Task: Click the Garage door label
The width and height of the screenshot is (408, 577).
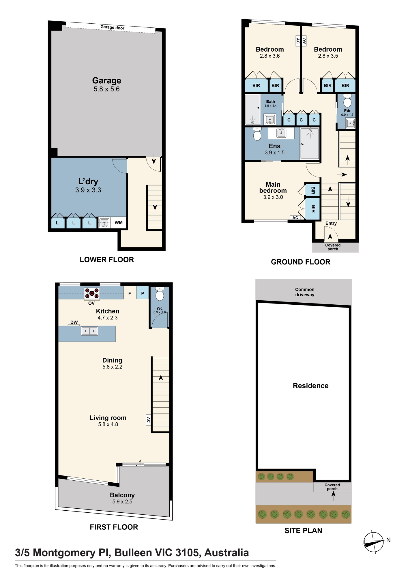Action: (x=112, y=27)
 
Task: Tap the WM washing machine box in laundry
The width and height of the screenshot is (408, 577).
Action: (x=119, y=223)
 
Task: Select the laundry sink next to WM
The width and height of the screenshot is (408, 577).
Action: (x=104, y=223)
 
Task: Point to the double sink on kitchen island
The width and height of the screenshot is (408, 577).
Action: (x=89, y=331)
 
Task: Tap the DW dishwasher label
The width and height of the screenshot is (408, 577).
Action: (x=74, y=322)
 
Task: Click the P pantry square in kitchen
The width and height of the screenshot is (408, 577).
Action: (x=143, y=293)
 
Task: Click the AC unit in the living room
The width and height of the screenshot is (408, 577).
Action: (x=148, y=420)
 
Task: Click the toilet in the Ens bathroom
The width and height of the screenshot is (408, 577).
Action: (x=257, y=134)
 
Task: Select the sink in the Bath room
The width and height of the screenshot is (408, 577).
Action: (x=270, y=119)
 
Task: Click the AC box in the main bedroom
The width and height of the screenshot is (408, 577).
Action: (x=295, y=218)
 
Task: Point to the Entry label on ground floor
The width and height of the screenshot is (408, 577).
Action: (x=331, y=223)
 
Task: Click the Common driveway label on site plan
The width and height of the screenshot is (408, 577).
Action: (x=305, y=292)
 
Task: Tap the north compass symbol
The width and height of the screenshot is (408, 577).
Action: (x=374, y=542)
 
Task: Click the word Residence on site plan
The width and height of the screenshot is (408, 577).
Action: (x=310, y=386)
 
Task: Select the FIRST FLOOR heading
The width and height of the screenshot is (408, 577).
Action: (x=114, y=527)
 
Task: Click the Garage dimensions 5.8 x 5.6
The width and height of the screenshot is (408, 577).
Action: (x=106, y=89)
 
